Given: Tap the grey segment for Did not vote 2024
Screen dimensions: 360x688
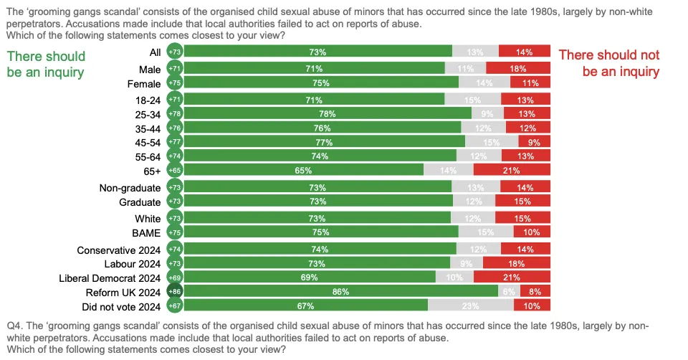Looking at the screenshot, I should tap(470, 306).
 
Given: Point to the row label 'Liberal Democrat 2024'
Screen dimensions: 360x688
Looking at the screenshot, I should tap(109, 278).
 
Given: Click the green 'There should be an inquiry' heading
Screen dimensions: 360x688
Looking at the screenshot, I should tap(46, 64).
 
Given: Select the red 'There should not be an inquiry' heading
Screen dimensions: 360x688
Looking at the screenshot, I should tap(608, 63).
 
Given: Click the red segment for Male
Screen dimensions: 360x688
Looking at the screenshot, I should tap(518, 69).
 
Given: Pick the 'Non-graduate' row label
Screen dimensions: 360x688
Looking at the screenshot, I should tap(130, 188).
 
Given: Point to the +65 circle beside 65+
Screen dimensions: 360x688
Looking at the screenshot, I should tap(174, 170).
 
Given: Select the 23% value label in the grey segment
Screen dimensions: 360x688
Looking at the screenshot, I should tap(470, 307).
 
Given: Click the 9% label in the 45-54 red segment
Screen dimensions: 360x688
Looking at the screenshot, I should tap(534, 143).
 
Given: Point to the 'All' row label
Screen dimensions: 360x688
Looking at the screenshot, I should tap(153, 52).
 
